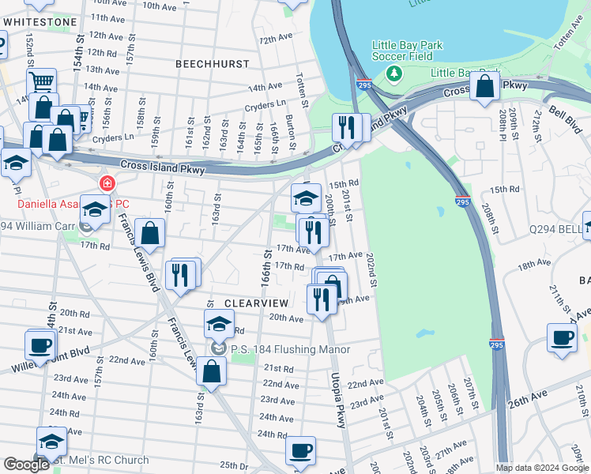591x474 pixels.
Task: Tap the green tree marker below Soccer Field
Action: (x=393, y=74)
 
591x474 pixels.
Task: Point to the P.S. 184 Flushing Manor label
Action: (x=288, y=348)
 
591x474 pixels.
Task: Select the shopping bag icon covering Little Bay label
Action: (x=485, y=87)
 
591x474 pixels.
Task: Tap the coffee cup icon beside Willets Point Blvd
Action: (x=40, y=344)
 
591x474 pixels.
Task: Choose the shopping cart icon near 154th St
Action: (x=41, y=81)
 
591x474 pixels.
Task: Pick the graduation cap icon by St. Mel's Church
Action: (x=51, y=441)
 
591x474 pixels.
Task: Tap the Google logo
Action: (x=26, y=465)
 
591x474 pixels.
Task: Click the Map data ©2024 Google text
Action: (x=542, y=468)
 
